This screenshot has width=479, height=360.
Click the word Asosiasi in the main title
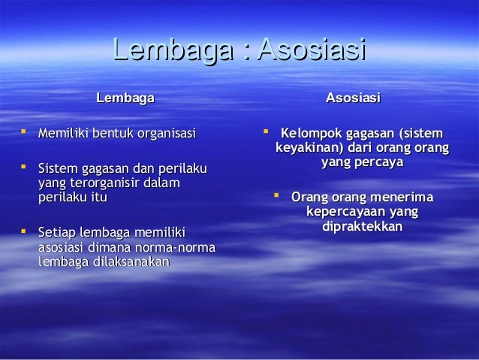(x=310, y=52)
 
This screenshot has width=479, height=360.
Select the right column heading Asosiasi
(x=352, y=98)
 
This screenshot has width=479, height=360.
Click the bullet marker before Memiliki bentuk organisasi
(x=24, y=132)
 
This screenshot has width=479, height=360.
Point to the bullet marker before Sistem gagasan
(x=24, y=168)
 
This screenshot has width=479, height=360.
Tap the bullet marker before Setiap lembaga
(x=24, y=232)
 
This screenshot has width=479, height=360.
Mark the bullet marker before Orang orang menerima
(x=276, y=197)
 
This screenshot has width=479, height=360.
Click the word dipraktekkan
(x=361, y=226)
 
